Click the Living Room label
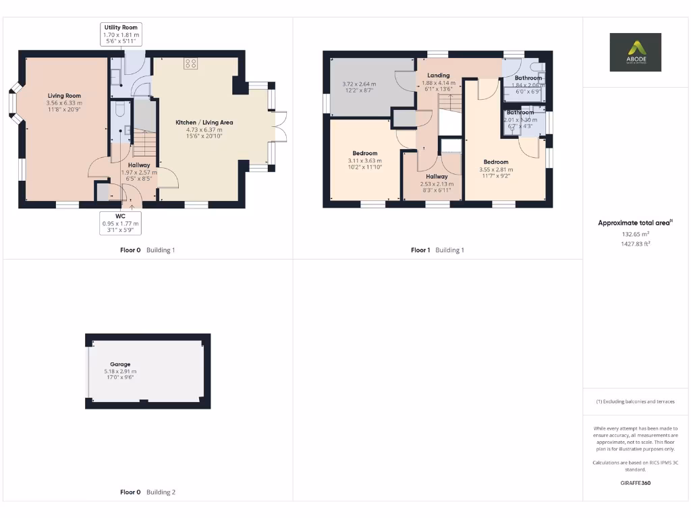[64, 96]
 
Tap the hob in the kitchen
[191, 64]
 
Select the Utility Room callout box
[121, 34]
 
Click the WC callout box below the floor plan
[121, 223]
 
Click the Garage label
[120, 364]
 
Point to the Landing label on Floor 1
[439, 76]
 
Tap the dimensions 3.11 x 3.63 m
[364, 161]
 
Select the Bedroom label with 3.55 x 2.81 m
[496, 162]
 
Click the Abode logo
[636, 52]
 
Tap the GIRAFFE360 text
[636, 483]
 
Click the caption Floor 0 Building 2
[148, 492]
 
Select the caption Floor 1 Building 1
[437, 250]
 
